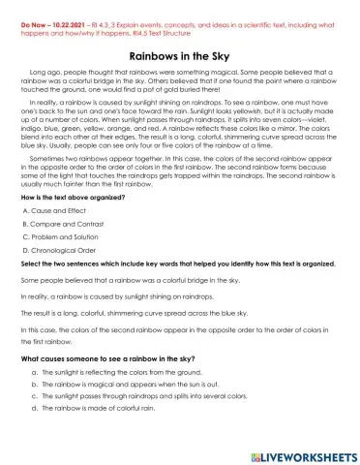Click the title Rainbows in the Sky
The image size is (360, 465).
pos(180,56)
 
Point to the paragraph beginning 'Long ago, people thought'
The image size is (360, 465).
pos(179,84)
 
